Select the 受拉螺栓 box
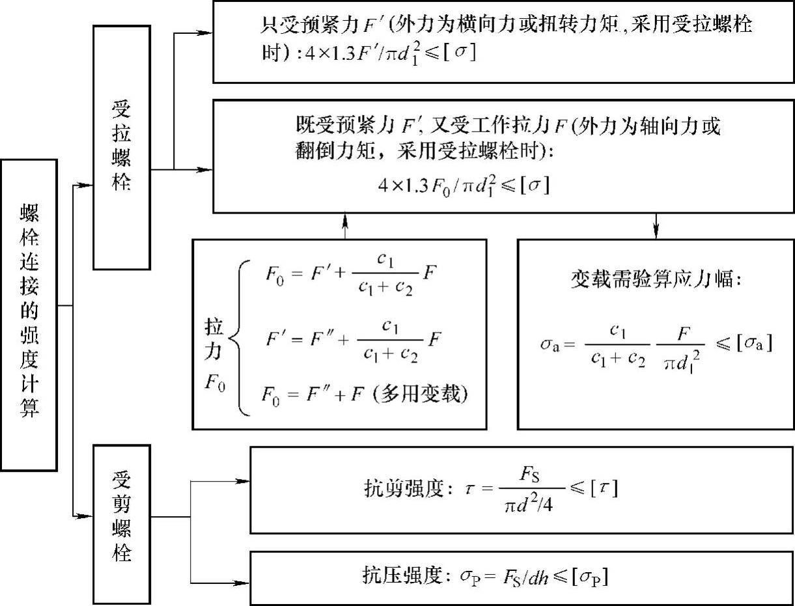[122, 146]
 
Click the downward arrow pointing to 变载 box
[655, 230]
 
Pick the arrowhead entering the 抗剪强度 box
[244, 482]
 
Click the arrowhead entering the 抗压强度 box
[244, 581]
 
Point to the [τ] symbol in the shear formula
[604, 488]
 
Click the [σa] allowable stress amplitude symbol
[753, 344]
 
